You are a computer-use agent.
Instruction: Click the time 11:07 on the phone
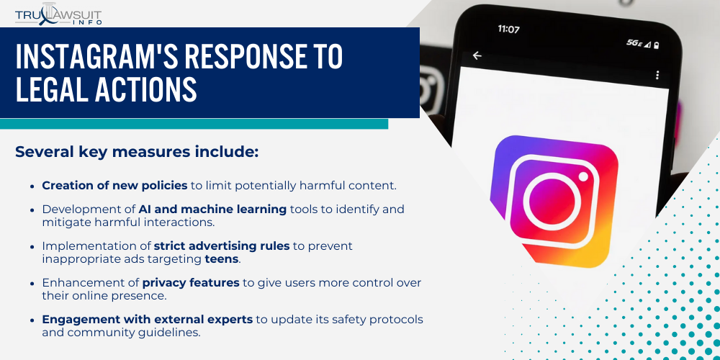point(508,30)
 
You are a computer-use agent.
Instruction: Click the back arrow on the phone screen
point(477,55)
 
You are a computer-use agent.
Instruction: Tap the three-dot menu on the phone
point(657,75)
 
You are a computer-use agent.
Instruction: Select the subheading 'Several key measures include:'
point(136,152)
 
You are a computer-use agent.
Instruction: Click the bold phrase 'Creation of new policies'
point(114,185)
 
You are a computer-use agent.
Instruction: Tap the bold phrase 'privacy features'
point(191,282)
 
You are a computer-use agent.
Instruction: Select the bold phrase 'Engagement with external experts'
point(147,319)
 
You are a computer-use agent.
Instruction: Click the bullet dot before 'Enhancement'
point(33,283)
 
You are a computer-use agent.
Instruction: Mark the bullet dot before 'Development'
point(33,210)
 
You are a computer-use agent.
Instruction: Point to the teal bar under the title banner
point(194,124)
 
